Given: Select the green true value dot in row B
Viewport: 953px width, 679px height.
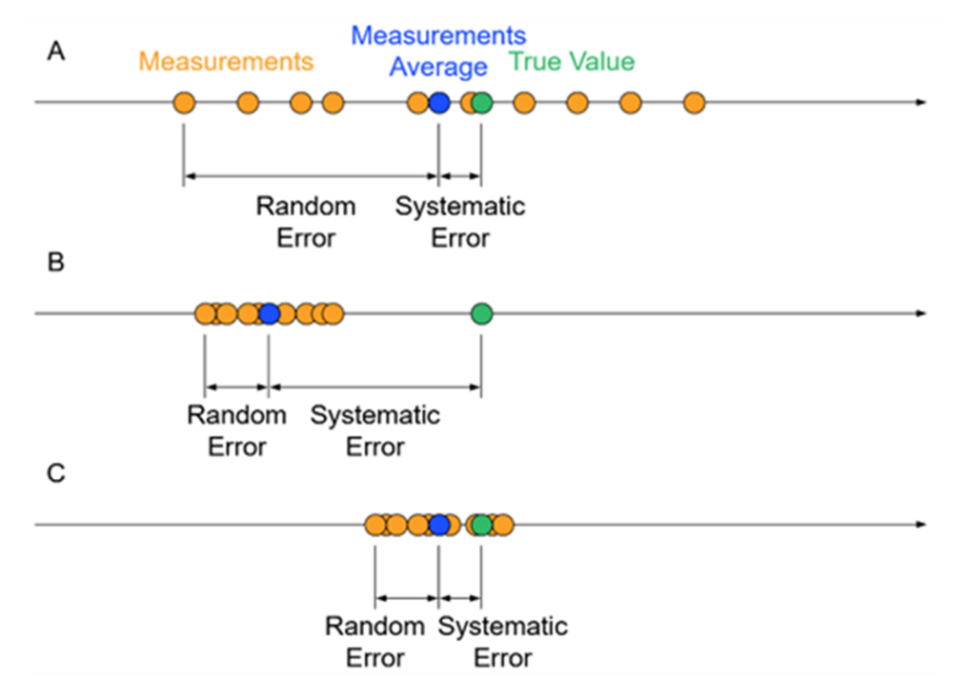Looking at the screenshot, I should pyautogui.click(x=481, y=312).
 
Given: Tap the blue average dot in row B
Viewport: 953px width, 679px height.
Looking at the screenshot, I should pyautogui.click(x=269, y=312).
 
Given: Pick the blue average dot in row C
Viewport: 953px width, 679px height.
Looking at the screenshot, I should pyautogui.click(x=438, y=524).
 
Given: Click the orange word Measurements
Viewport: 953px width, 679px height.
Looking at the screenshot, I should pyautogui.click(x=226, y=63).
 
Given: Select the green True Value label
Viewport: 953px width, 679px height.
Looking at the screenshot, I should pyautogui.click(x=571, y=63).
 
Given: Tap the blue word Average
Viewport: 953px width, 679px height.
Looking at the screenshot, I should pyautogui.click(x=438, y=68).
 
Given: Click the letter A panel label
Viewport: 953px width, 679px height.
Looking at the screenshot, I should pyautogui.click(x=57, y=52).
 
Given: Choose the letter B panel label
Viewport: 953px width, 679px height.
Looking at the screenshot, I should pyautogui.click(x=56, y=263).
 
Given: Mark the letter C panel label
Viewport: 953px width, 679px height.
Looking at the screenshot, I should pyautogui.click(x=57, y=473).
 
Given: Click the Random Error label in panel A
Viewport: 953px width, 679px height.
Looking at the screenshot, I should pyautogui.click(x=306, y=222).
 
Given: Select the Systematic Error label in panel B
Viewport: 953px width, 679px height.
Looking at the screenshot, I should pyautogui.click(x=375, y=431).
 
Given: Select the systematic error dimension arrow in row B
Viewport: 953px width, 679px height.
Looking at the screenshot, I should pyautogui.click(x=375, y=387).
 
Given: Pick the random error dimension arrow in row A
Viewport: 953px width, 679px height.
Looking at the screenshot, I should pyautogui.click(x=311, y=175).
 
